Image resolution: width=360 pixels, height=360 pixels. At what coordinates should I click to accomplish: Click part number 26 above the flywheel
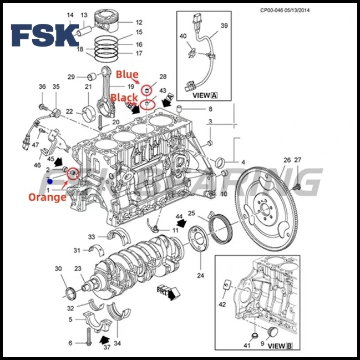[x=286, y=160]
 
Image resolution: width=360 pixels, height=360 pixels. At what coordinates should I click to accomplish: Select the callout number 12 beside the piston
[x=139, y=23]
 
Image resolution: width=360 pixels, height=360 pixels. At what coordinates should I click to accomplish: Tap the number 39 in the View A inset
[x=224, y=26]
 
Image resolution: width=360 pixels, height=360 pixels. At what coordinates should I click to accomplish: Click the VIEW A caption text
[x=205, y=95]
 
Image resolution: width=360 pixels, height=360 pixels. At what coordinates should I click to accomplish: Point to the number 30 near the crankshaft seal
[x=58, y=268]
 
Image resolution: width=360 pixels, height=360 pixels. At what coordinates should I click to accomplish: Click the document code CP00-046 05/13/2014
[x=293, y=10]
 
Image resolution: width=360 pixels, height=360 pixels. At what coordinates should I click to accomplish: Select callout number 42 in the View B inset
[x=222, y=304]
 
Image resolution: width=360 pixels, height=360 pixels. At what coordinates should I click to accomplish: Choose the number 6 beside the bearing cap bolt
[x=70, y=343]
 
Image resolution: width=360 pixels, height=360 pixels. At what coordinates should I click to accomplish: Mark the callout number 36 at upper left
[x=42, y=87]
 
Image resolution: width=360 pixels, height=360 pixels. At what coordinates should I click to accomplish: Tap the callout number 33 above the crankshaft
[x=92, y=237]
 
